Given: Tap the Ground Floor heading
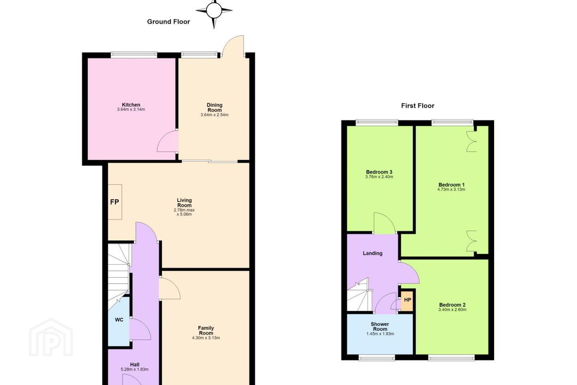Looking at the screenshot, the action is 168,22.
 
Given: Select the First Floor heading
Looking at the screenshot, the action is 418,106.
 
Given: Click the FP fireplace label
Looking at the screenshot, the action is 115,202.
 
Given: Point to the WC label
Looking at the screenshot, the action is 119,320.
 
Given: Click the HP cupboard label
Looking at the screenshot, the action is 408,300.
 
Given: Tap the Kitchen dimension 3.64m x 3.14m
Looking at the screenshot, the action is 131,109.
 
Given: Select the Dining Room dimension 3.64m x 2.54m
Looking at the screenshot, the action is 214,115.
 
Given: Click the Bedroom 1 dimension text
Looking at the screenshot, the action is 451,189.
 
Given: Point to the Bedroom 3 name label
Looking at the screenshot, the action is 379,172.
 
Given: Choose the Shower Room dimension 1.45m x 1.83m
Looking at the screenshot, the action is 380,334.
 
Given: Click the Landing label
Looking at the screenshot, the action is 373,253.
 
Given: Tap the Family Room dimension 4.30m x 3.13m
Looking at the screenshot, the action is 206,338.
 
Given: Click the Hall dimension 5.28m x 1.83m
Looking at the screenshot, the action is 135,369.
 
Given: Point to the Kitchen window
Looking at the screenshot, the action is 134,55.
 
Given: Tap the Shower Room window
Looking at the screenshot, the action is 377,357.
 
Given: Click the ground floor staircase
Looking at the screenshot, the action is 119,276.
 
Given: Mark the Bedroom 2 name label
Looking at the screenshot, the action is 452,305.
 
